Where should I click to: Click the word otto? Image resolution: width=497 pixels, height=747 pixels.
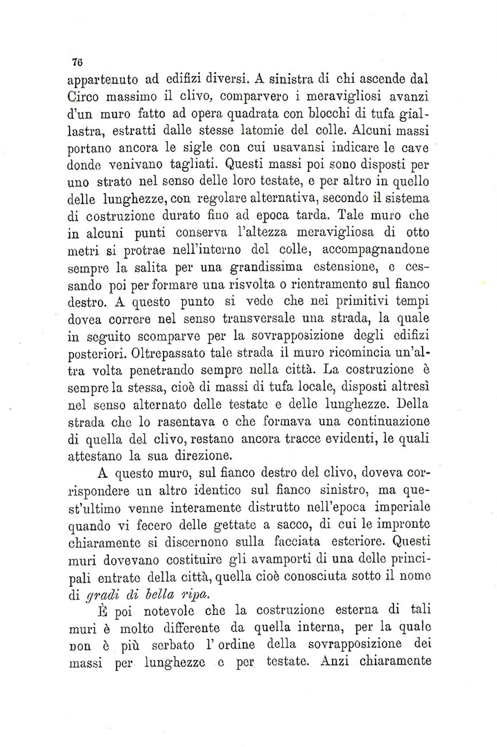(x=418, y=232)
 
